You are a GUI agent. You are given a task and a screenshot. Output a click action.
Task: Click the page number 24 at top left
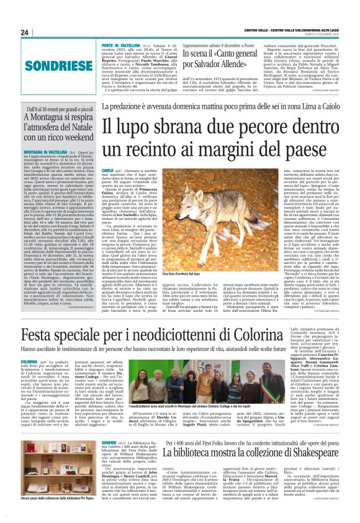point(25,32)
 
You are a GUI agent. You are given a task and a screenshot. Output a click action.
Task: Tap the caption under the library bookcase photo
point(55,515)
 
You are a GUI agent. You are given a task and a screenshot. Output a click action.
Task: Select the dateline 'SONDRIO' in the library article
point(109,460)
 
